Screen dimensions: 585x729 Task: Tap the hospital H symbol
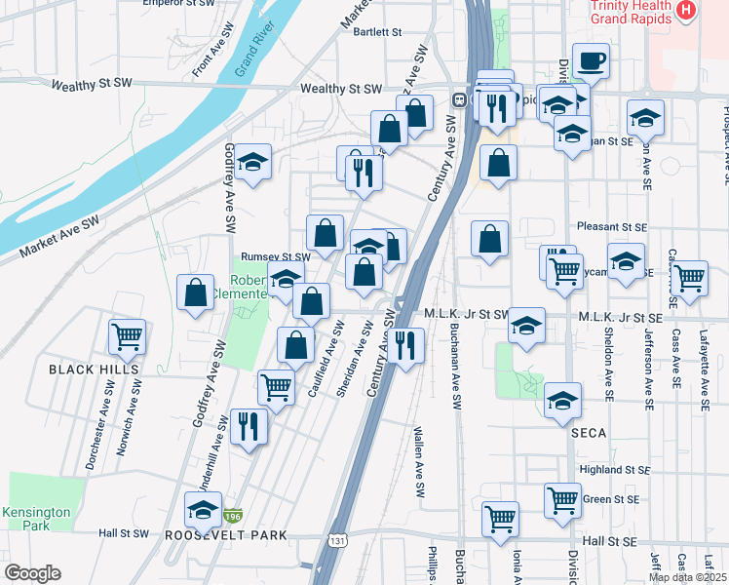(x=687, y=12)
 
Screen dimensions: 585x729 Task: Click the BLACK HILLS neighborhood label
(x=94, y=370)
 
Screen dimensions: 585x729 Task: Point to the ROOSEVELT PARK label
(x=225, y=535)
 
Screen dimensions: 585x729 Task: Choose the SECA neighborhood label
(x=589, y=432)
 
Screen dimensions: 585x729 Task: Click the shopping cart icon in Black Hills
(x=127, y=337)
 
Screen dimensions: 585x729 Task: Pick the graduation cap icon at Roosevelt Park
(x=203, y=509)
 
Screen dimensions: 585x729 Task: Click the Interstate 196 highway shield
(x=234, y=515)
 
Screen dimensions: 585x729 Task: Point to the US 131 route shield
(x=336, y=538)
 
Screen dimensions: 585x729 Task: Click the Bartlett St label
(x=378, y=32)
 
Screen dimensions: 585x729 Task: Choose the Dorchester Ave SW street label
(x=96, y=424)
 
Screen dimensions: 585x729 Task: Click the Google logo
(x=32, y=573)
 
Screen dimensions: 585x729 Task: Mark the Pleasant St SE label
(x=612, y=226)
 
